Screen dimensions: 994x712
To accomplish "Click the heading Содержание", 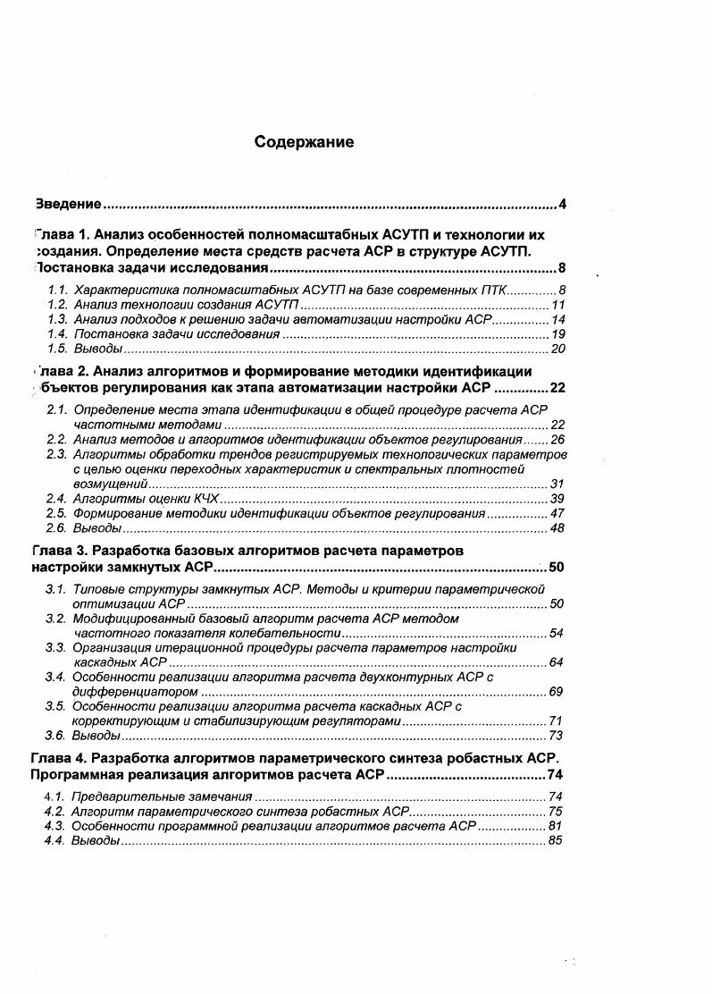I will [x=304, y=142].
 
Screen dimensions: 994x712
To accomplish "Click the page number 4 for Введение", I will [x=562, y=204].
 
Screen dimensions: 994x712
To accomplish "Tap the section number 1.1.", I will [x=58, y=291].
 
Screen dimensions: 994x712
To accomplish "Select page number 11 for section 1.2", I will [x=558, y=305].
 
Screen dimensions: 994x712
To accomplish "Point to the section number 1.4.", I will [x=58, y=333].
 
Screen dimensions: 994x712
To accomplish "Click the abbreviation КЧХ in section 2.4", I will [x=203, y=498].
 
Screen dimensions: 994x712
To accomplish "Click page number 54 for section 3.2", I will [x=556, y=634].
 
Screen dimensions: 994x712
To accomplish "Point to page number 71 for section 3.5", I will [x=555, y=720].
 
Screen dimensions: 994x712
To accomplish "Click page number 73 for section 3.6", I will [x=555, y=736].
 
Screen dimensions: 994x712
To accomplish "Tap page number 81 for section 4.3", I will [x=555, y=826].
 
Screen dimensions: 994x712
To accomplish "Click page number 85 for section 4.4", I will [x=555, y=840].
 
